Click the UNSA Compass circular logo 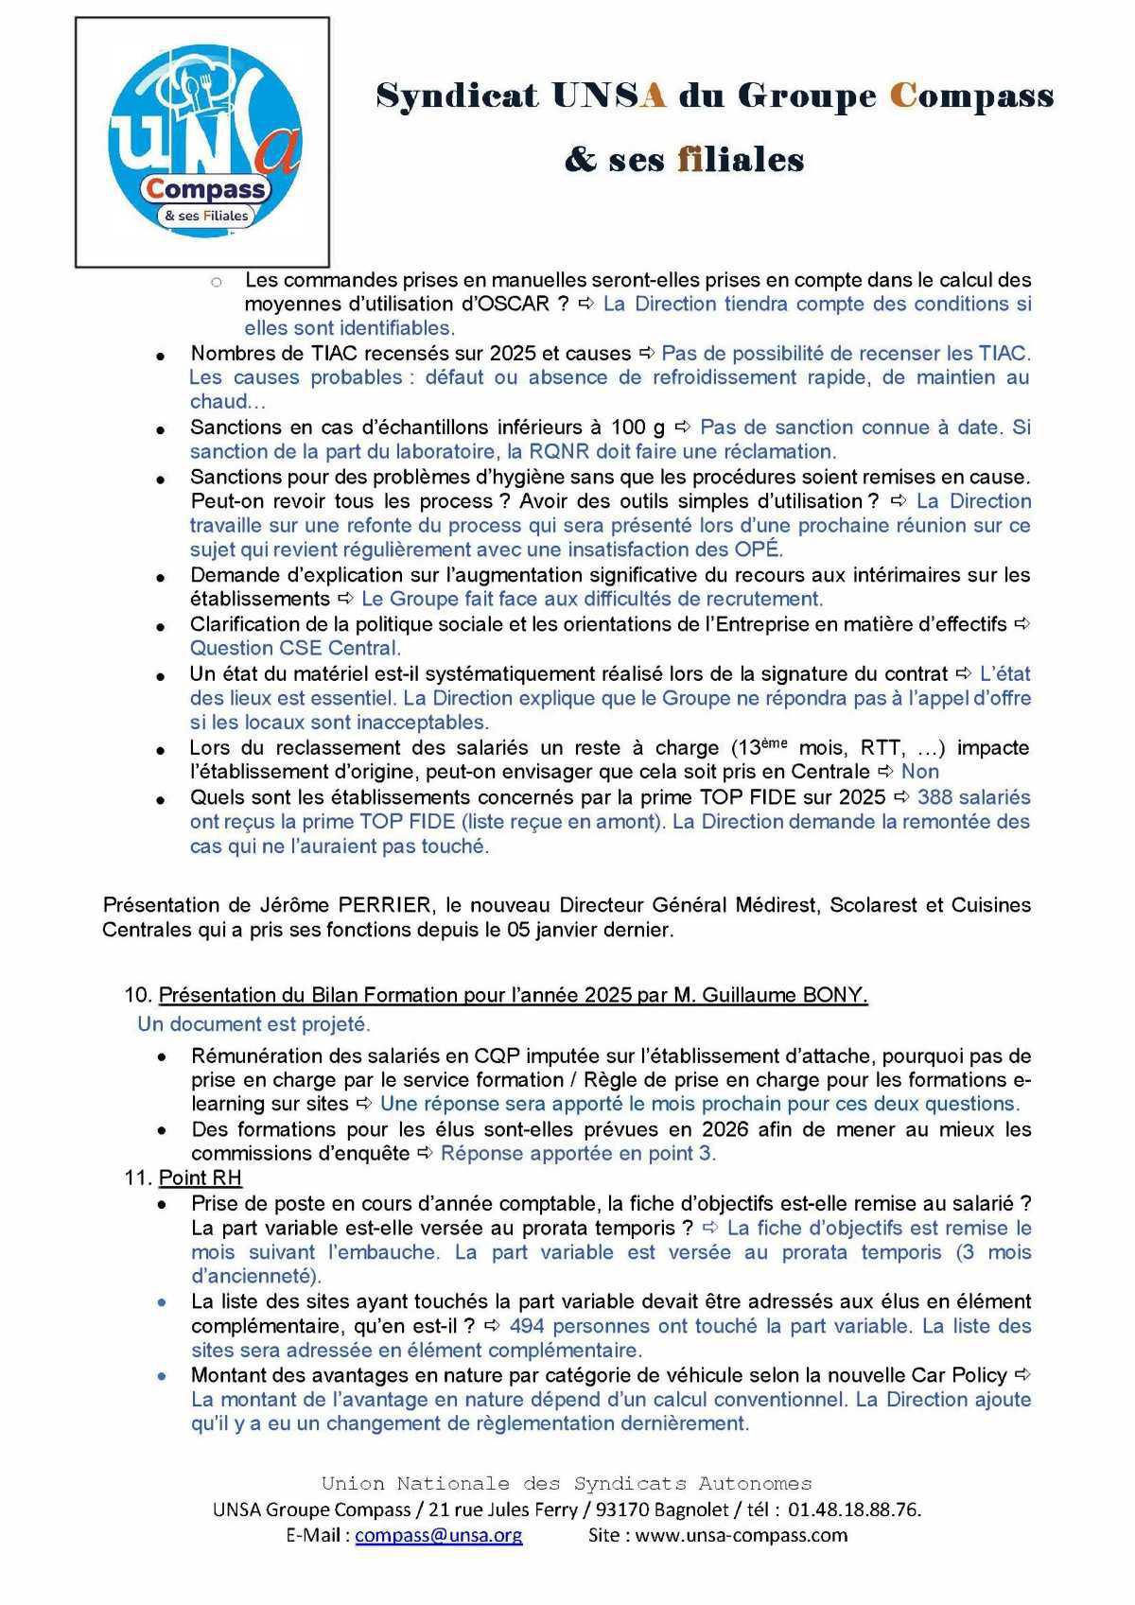click(203, 142)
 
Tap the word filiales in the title click(741, 159)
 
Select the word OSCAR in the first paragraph click(515, 305)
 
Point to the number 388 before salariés click(934, 797)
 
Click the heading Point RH click(200, 1178)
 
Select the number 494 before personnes click(527, 1326)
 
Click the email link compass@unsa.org click(438, 1535)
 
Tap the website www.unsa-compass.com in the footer click(741, 1535)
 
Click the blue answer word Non click(920, 772)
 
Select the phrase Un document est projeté click(253, 1024)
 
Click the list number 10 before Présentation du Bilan click(137, 995)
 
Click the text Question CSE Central click(295, 649)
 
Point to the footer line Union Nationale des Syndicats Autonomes click(567, 1484)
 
